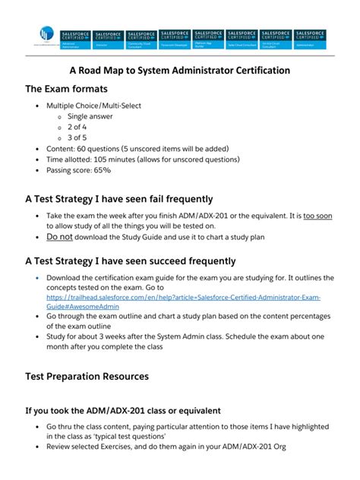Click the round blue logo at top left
[46, 35]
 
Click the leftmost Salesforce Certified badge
[74, 39]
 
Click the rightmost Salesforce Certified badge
[310, 39]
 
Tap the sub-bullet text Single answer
[92, 116]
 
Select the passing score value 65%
[102, 170]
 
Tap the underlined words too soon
[317, 216]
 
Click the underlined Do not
[60, 237]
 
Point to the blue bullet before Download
[37, 279]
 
